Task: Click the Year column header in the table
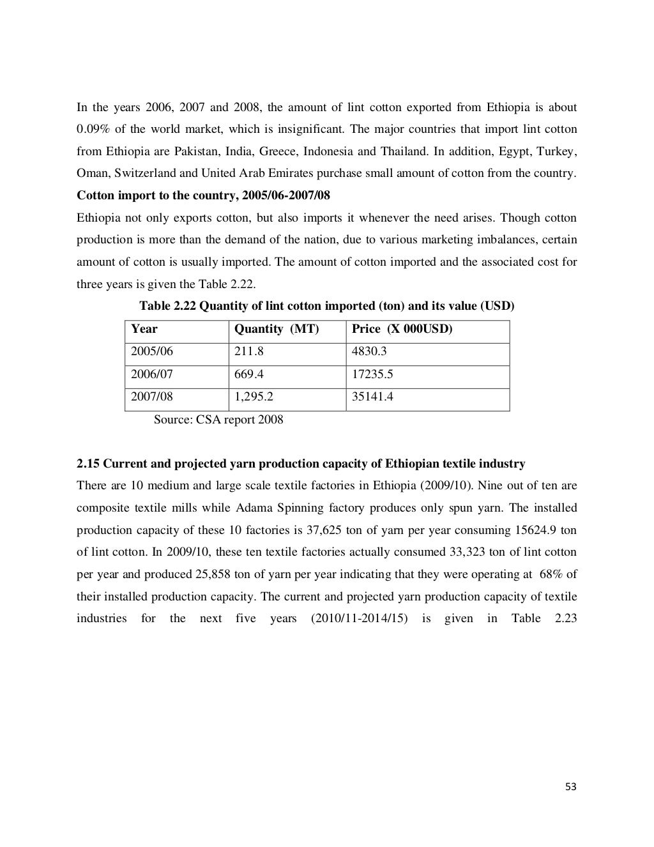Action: coord(144,330)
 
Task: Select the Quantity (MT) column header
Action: coord(277,330)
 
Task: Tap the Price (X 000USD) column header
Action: coord(402,330)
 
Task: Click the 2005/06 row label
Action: coord(152,352)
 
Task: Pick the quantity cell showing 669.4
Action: coord(249,374)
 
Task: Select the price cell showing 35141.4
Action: coord(372,397)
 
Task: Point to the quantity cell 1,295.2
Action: coord(254,397)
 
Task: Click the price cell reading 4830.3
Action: coord(369,352)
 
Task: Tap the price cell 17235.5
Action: coord(372,374)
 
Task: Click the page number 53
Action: coord(570,787)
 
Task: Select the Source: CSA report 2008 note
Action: coord(218,420)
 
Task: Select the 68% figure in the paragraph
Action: coord(551,574)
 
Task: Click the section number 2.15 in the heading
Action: coord(87,464)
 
